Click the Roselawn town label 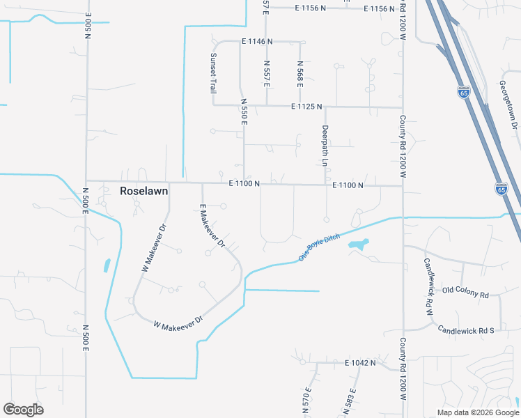(144, 190)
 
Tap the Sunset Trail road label (214, 73)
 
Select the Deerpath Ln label (325, 145)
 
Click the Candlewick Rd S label (465, 329)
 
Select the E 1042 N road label (359, 363)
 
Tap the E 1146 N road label (257, 42)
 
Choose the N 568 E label (300, 74)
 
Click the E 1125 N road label (306, 107)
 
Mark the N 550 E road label (244, 111)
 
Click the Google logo (23, 410)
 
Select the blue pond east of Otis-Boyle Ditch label (357, 245)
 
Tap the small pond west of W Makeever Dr (107, 265)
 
